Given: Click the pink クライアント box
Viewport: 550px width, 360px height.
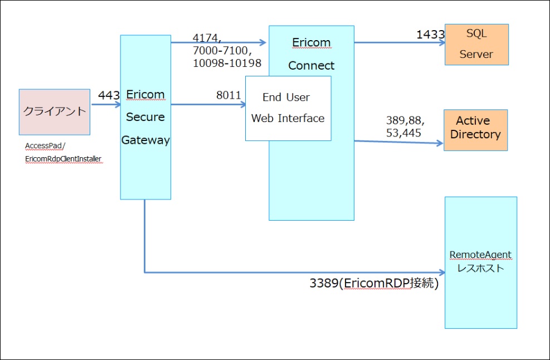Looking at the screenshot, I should point(54,112).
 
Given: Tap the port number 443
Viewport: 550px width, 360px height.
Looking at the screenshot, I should point(109,95).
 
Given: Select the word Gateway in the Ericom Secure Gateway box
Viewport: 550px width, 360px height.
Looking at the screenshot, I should point(145,140).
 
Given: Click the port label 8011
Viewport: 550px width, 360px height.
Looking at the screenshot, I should point(228,95).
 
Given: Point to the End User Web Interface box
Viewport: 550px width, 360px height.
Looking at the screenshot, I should point(288,108).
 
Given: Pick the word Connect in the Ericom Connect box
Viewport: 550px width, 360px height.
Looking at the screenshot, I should point(311,66).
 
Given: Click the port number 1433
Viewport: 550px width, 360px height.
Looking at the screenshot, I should point(430,35).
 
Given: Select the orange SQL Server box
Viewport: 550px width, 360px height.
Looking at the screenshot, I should point(476,45).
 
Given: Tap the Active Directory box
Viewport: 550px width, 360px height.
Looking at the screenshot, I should point(475,130).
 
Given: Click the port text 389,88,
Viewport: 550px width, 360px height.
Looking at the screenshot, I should point(405,120).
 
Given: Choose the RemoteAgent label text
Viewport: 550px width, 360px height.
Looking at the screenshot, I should point(480,255).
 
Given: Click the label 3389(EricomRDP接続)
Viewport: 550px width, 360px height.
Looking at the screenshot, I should point(374,283).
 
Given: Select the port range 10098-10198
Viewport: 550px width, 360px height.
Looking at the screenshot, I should point(227,64).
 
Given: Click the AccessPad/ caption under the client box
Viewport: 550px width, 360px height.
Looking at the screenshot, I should point(45,146).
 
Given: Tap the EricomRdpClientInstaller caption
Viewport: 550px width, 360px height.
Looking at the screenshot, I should point(63,159).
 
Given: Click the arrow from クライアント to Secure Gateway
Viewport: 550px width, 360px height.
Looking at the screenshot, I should point(105,104).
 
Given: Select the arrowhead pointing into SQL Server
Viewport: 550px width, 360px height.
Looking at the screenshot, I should point(441,42).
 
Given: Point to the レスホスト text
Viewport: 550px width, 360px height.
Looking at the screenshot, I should point(480,268).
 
